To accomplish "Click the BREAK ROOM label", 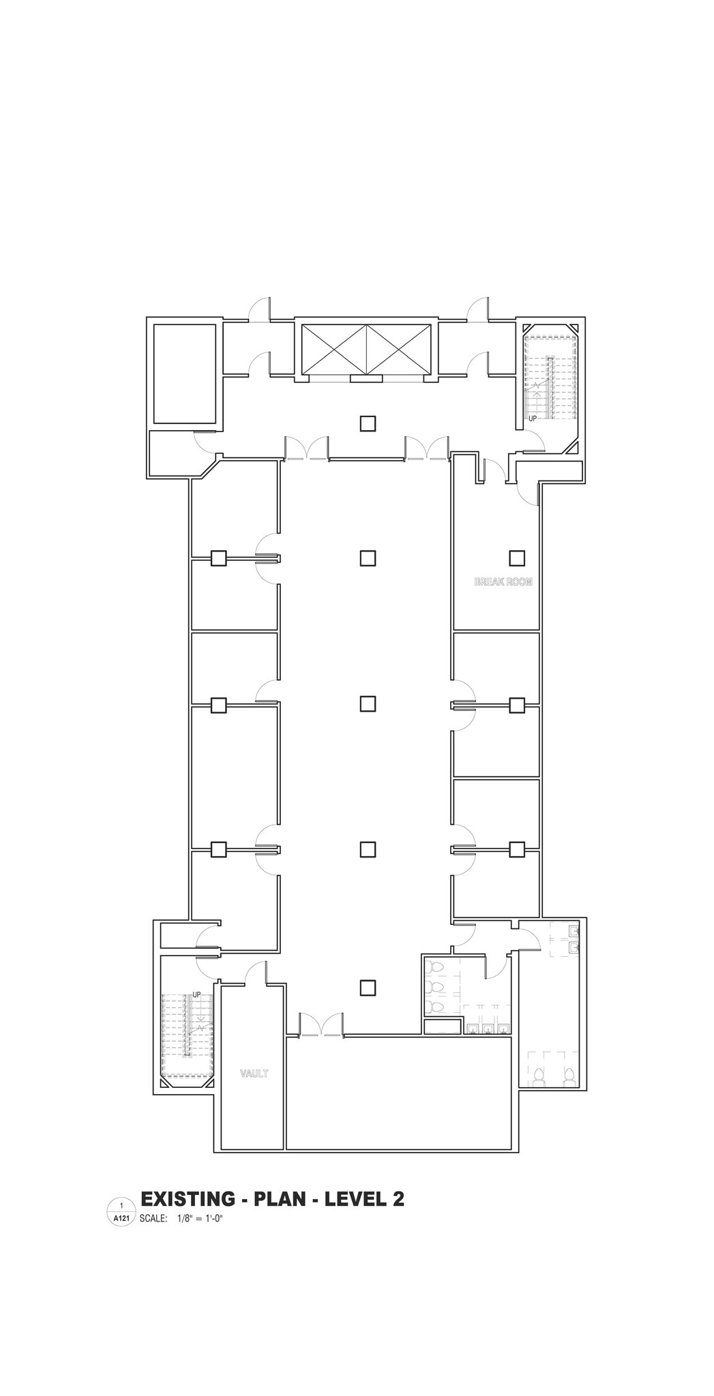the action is click(x=503, y=582).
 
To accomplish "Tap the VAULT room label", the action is click(x=254, y=1074).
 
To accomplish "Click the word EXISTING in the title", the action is click(x=186, y=1199).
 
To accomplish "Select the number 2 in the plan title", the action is click(x=398, y=1199).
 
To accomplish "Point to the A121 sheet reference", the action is click(x=121, y=1218).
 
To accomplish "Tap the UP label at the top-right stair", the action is click(x=533, y=419).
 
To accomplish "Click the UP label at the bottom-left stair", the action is click(x=196, y=995).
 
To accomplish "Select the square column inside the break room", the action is click(x=517, y=558).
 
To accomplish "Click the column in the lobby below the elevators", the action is click(x=368, y=423).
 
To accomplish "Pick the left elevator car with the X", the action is click(x=334, y=349).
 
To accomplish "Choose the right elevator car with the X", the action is click(x=400, y=349).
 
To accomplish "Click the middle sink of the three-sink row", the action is click(x=488, y=1029).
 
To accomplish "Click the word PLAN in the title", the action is click(x=280, y=1199).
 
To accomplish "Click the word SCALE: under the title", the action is click(x=153, y=1218).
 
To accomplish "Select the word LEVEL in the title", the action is click(x=355, y=1199).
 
